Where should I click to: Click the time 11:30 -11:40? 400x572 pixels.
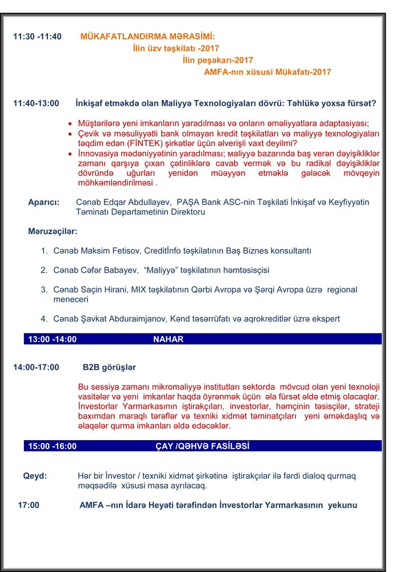[37, 37]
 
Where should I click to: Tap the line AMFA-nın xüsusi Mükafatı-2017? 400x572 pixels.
[267, 72]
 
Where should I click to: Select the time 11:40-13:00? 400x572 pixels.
[36, 103]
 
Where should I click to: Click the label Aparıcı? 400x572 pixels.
[44, 202]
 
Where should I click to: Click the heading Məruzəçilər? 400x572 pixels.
[53, 232]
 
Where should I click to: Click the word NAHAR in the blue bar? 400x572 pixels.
[168, 339]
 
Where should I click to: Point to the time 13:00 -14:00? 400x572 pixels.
[53, 339]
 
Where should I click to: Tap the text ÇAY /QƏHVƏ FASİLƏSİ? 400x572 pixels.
[202, 446]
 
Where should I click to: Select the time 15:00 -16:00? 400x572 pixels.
[53, 446]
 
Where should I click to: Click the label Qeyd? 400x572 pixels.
[35, 476]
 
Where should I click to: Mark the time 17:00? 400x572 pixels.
[29, 505]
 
